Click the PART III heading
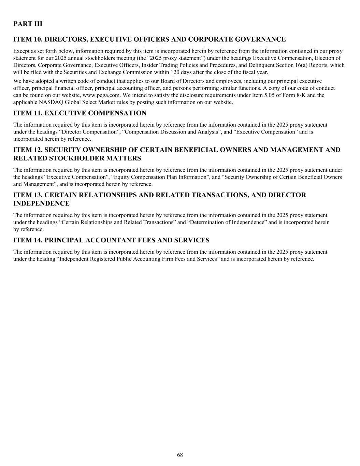click(x=28, y=24)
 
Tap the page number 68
click(x=180, y=455)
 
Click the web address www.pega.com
click(x=99, y=95)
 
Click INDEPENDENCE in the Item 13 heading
click(x=41, y=203)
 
